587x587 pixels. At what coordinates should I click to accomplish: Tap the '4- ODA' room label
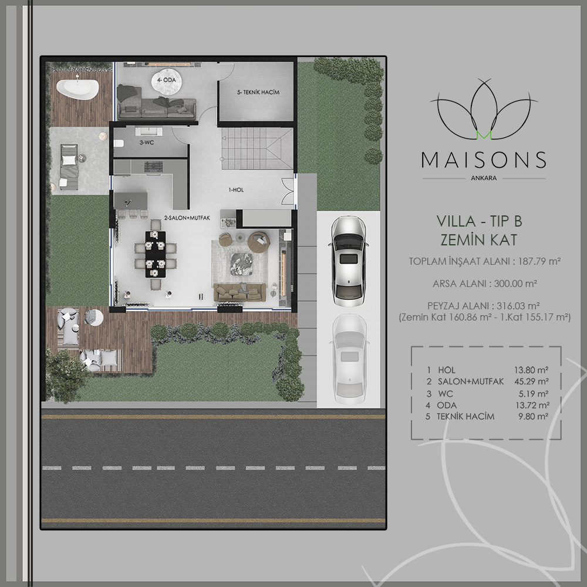pos(166,80)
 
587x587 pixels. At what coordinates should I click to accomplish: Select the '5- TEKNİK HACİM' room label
pos(258,92)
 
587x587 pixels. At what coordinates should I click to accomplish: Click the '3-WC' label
pos(147,142)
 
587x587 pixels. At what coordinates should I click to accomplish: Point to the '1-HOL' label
pos(236,190)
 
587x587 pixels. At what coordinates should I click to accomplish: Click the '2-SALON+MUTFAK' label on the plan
pos(187,218)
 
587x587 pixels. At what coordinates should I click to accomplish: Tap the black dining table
pos(156,254)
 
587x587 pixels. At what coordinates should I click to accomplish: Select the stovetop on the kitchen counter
pos(153,167)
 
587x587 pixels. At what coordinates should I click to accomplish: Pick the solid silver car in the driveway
pos(349,261)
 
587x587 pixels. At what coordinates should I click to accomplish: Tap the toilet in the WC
pos(119,144)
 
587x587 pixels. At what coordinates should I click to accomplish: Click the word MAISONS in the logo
pos(484,160)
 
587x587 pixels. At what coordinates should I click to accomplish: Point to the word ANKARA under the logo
pos(484,178)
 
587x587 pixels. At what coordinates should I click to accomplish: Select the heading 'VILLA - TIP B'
pos(479,221)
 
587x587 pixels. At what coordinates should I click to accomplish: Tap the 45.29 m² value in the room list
pos(532,382)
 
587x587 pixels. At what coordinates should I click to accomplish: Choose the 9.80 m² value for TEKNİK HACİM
pos(533,416)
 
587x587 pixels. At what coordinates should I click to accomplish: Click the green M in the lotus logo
pos(484,136)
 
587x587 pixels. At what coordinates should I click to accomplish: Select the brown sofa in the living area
pos(239,292)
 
